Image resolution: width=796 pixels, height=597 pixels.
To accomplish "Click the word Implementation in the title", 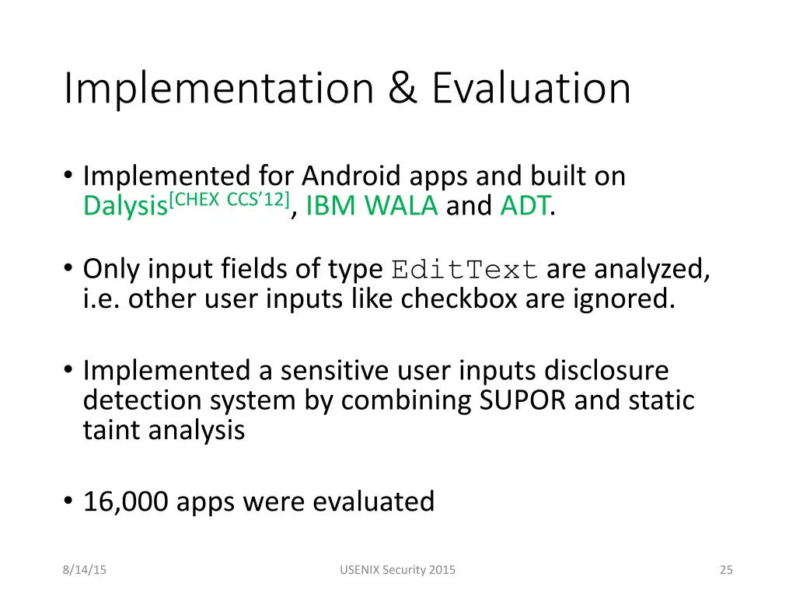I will pyautogui.click(x=218, y=89).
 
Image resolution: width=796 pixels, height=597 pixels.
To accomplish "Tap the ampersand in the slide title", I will pyautogui.click(x=403, y=89).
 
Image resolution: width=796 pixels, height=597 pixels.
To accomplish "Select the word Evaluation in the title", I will pyautogui.click(x=531, y=89).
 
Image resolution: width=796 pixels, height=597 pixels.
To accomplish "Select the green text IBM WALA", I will pyautogui.click(x=372, y=206).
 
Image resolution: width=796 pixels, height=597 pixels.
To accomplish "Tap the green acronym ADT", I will pyautogui.click(x=525, y=206).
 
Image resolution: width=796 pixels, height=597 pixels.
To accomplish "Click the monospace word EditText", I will pyautogui.click(x=465, y=270).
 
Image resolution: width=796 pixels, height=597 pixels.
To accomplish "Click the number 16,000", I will pyautogui.click(x=126, y=501).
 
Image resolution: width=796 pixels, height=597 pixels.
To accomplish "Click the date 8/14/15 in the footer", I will pyautogui.click(x=85, y=570).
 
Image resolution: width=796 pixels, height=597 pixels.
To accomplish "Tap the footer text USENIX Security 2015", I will pyautogui.click(x=398, y=570).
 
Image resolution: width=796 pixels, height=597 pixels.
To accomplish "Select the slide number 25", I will pyautogui.click(x=726, y=570).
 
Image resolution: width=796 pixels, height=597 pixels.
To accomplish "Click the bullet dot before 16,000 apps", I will pyautogui.click(x=69, y=502).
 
